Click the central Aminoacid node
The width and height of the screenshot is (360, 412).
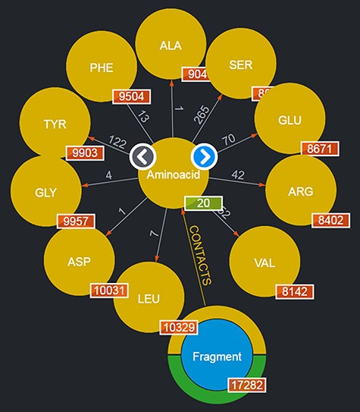tap(174, 175)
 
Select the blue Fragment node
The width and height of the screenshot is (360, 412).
tap(216, 356)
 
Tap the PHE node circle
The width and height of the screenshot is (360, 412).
tap(101, 67)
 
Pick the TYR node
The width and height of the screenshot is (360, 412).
tap(54, 124)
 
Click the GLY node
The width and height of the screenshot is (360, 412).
tap(46, 191)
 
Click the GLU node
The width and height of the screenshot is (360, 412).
tap(290, 120)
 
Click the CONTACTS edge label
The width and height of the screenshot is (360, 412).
tap(200, 255)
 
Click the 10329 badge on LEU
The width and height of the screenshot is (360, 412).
tap(180, 327)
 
